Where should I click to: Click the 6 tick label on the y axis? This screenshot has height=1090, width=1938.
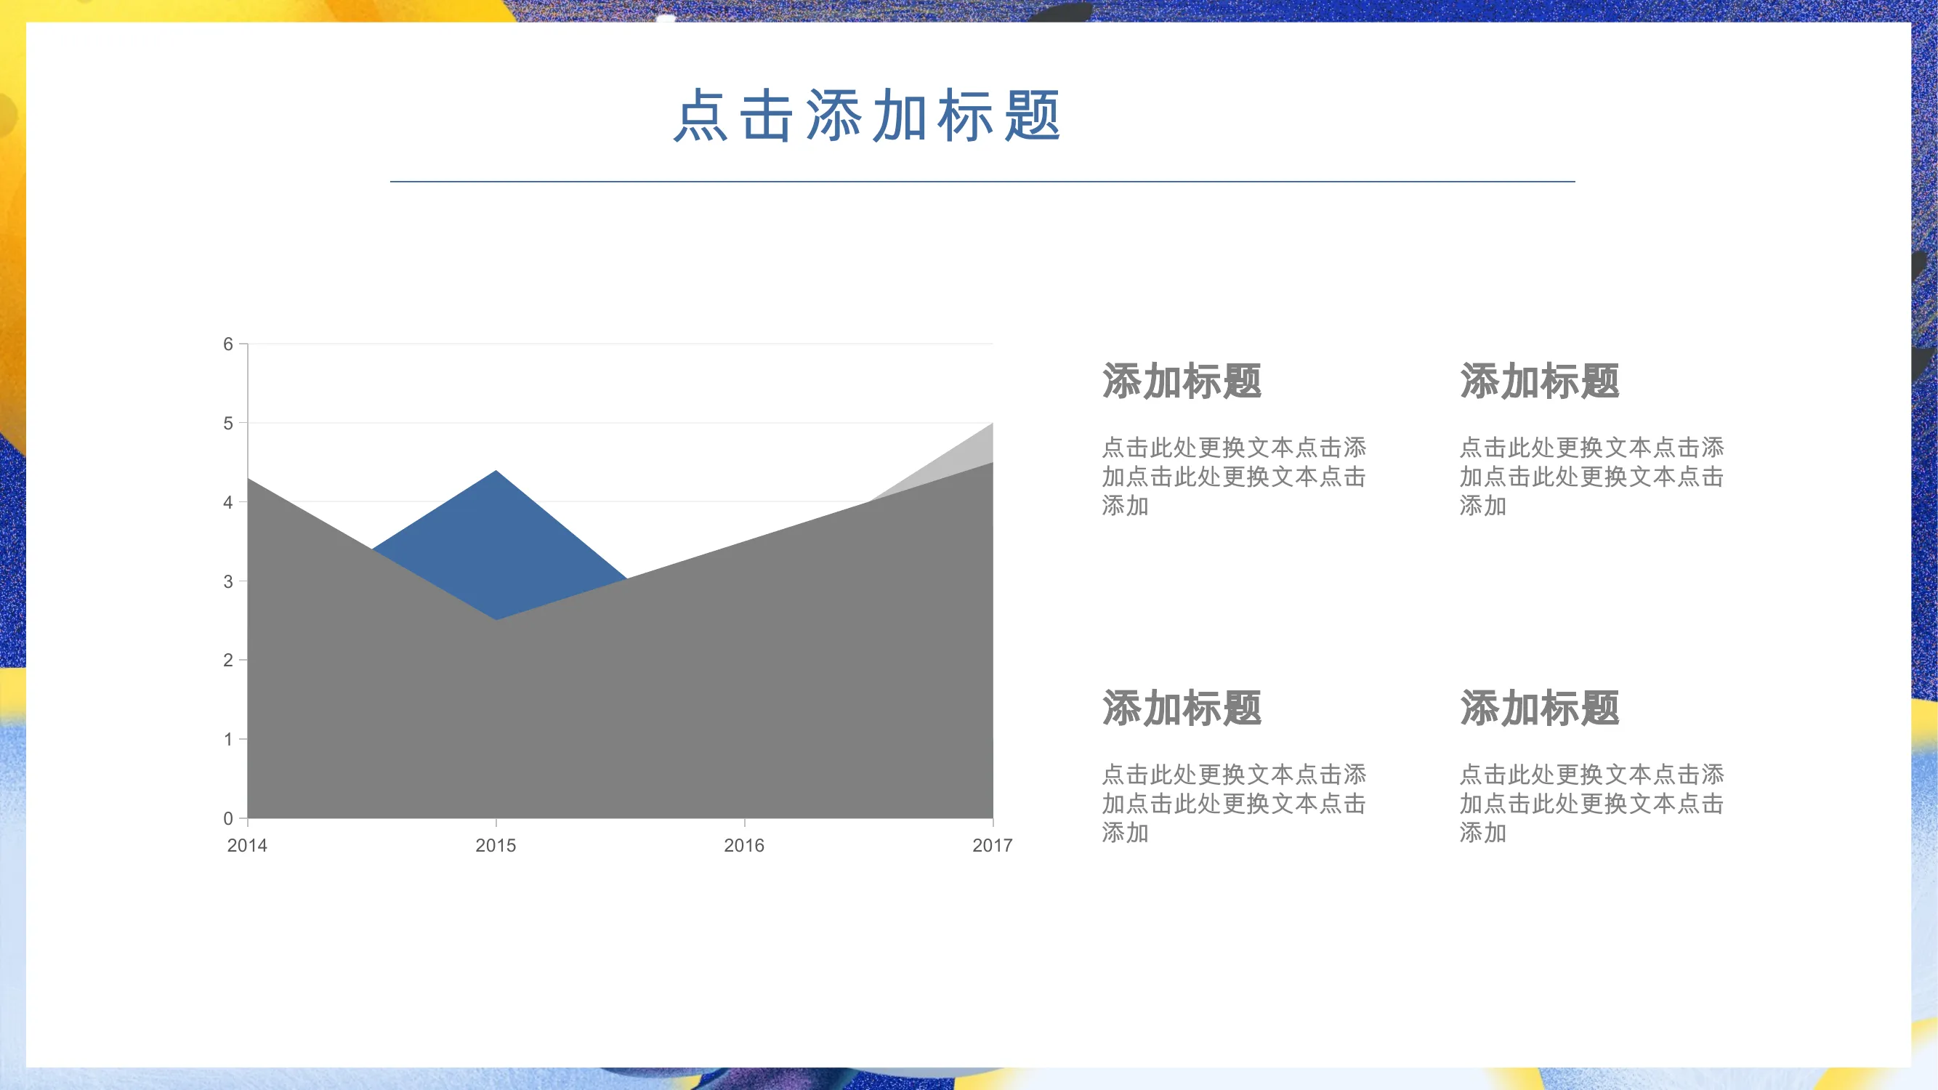tap(228, 344)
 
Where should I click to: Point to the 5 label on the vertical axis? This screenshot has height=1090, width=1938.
tap(228, 424)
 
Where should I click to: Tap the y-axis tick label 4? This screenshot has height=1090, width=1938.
tap(228, 503)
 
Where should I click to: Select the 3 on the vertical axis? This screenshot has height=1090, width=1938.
tap(228, 581)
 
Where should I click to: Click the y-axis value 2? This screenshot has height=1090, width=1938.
tap(228, 661)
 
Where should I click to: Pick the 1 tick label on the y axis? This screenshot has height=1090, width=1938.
tap(228, 740)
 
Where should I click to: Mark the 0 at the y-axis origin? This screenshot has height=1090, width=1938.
tap(228, 818)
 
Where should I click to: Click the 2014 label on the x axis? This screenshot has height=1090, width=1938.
tap(248, 846)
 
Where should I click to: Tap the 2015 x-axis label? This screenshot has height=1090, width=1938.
tap(496, 846)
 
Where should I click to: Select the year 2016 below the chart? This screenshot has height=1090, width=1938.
tap(744, 846)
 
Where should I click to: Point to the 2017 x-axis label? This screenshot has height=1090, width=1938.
tap(993, 846)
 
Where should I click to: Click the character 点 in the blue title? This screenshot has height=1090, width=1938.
tap(700, 116)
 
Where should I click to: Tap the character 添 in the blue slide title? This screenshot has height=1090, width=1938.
tap(833, 116)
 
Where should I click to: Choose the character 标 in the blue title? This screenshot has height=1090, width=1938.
tap(966, 116)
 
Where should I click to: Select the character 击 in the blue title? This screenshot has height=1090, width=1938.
tap(767, 116)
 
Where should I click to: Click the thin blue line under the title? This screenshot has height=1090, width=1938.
tap(982, 181)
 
